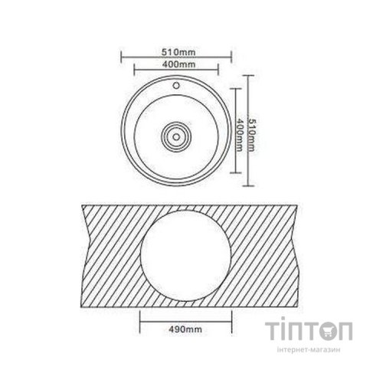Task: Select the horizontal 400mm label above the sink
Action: coord(177,66)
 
